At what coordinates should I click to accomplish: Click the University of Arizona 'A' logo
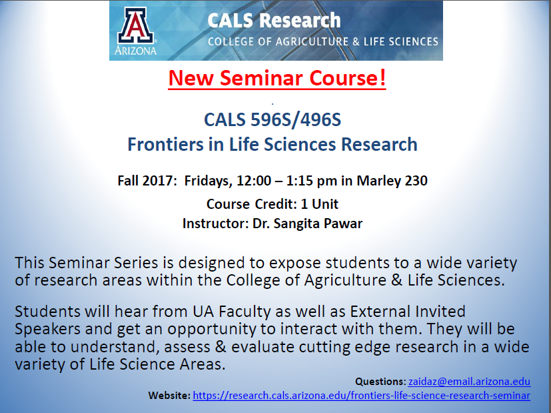pyautogui.click(x=135, y=25)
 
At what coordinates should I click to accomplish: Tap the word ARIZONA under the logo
pyautogui.click(x=135, y=51)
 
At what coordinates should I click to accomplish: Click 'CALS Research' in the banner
pyautogui.click(x=274, y=21)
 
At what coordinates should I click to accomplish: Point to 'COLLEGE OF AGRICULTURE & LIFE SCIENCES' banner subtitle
pyautogui.click(x=323, y=42)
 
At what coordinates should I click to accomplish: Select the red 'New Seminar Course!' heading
pyautogui.click(x=277, y=78)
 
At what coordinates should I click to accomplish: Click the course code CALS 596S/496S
pyautogui.click(x=273, y=119)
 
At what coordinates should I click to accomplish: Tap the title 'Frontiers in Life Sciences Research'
pyautogui.click(x=273, y=145)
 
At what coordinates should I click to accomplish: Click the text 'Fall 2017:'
pyautogui.click(x=147, y=181)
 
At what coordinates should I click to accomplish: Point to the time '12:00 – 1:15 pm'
pyautogui.click(x=286, y=181)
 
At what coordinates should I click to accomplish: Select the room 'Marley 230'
pyautogui.click(x=392, y=181)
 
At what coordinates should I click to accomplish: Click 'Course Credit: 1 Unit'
pyautogui.click(x=273, y=204)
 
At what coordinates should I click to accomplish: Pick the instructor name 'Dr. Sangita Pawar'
pyautogui.click(x=307, y=224)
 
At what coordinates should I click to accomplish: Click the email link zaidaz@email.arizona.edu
pyautogui.click(x=469, y=382)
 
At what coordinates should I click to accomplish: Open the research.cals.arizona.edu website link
pyautogui.click(x=361, y=396)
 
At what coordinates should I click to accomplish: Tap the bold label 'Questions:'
pyautogui.click(x=380, y=382)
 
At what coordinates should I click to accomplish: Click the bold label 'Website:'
pyautogui.click(x=169, y=396)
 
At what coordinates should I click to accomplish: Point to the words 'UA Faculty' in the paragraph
pyautogui.click(x=232, y=312)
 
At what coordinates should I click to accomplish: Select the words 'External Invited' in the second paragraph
pyautogui.click(x=408, y=312)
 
